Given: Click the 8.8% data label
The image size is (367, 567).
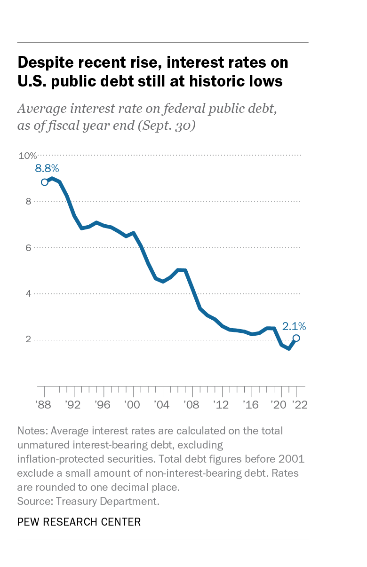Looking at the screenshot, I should (x=47, y=168).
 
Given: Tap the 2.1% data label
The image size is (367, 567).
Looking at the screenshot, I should (x=294, y=326).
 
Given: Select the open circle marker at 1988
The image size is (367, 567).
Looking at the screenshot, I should (x=45, y=182).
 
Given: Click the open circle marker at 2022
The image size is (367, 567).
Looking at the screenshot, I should (x=296, y=338).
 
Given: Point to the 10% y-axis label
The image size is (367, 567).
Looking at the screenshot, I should (x=27, y=156).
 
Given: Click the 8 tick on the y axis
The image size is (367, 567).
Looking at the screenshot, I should (x=28, y=201).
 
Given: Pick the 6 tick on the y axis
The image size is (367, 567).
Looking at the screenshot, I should (x=28, y=247).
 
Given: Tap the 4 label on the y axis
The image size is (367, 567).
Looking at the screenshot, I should (x=28, y=293).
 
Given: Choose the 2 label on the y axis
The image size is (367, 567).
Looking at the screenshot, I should (x=28, y=339).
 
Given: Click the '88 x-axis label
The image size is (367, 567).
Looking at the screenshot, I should (x=44, y=404).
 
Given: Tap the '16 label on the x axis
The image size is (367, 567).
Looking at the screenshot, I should (x=251, y=404).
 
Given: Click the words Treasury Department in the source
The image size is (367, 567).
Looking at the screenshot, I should (x=107, y=501).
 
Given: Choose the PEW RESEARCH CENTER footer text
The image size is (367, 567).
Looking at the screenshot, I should (x=79, y=521).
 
